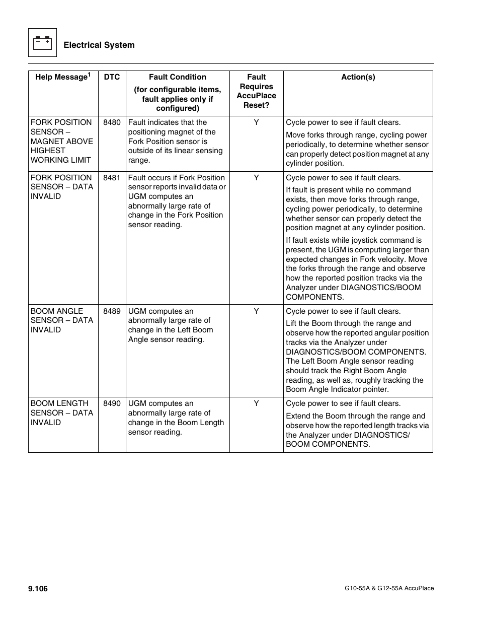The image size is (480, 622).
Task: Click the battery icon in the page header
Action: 42,43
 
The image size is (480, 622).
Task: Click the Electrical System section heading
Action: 99,45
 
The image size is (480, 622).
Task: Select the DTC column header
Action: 112,77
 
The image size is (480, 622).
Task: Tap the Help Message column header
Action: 61,77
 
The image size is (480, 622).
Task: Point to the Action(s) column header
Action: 358,77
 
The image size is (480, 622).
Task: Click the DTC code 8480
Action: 112,122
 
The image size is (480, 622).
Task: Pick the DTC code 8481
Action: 112,178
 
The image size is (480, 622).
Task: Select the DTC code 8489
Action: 112,311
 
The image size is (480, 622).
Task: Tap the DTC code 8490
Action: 112,403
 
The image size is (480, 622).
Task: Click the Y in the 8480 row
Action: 256,122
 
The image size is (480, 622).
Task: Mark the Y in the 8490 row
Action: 256,403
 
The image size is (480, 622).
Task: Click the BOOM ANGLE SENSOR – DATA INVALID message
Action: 61,320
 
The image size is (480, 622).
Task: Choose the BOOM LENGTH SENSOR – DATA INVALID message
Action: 61,412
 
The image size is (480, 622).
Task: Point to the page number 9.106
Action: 38,589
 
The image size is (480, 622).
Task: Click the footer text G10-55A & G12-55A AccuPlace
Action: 389,588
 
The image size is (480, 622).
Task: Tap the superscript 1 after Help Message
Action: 89,75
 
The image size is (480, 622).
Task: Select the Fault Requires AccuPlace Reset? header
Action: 256,91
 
